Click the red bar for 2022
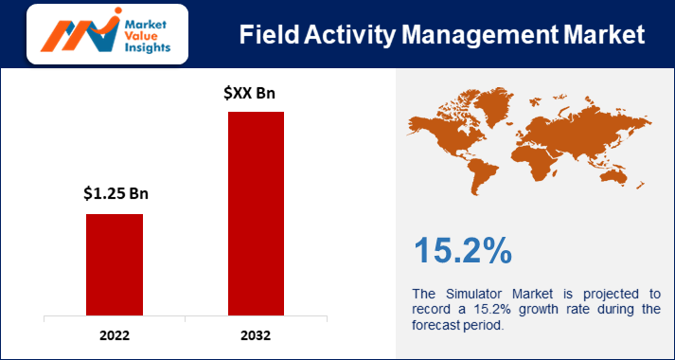coord(115,264)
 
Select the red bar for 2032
coord(256,213)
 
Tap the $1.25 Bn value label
coord(115,194)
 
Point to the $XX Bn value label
coord(256,93)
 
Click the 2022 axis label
coord(115,335)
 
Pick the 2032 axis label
coord(256,335)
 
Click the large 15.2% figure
coord(463,250)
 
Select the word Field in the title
coord(270,35)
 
